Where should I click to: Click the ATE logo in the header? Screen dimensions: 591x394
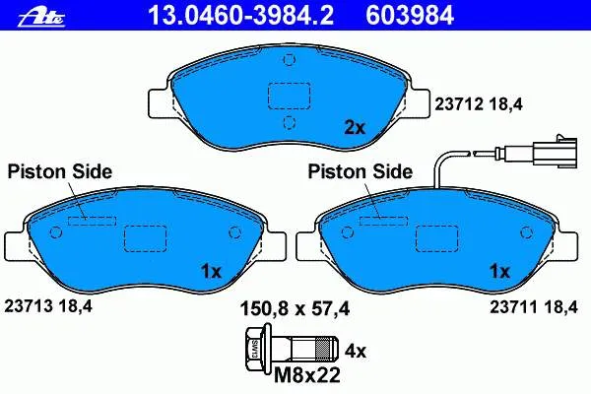41,18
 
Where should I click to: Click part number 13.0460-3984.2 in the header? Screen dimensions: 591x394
241,16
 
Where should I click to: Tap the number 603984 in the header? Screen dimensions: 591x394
410,16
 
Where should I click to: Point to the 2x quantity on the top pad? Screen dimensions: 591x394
355,128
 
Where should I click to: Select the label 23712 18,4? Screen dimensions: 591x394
479,104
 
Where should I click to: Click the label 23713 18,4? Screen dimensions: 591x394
48,305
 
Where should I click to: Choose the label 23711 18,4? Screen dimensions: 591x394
534,307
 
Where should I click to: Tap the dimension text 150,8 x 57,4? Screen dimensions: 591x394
295,308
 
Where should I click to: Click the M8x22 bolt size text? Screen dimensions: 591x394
306,375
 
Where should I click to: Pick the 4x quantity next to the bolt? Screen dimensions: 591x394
356,352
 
